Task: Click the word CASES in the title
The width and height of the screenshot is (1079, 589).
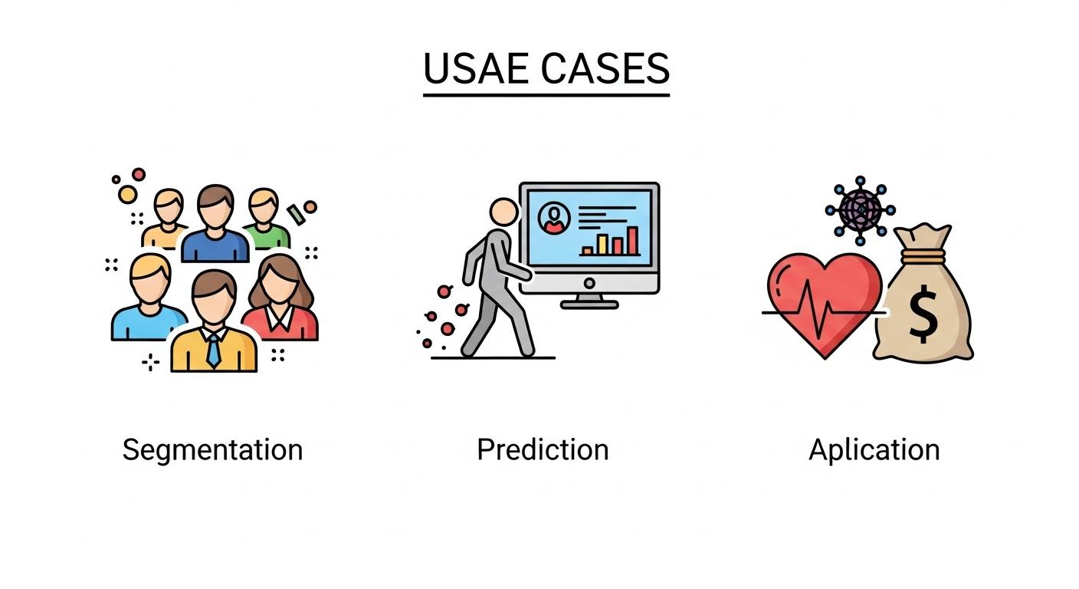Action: [605, 68]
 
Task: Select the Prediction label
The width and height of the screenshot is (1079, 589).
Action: [543, 449]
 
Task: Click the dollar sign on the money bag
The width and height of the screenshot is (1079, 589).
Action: [923, 314]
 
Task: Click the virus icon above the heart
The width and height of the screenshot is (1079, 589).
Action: [860, 211]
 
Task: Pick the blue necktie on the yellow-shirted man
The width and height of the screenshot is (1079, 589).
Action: [213, 350]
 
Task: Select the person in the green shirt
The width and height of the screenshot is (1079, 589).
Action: [264, 218]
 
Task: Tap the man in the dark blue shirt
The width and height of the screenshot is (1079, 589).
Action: [215, 224]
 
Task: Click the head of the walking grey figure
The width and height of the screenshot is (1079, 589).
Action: [503, 212]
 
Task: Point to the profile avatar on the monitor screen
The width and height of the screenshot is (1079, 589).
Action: [554, 218]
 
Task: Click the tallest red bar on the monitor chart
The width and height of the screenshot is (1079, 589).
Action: [632, 241]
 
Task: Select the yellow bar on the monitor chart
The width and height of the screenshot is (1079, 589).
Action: [602, 245]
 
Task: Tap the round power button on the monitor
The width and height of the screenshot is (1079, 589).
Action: [589, 283]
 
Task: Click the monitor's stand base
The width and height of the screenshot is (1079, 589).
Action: [589, 304]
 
